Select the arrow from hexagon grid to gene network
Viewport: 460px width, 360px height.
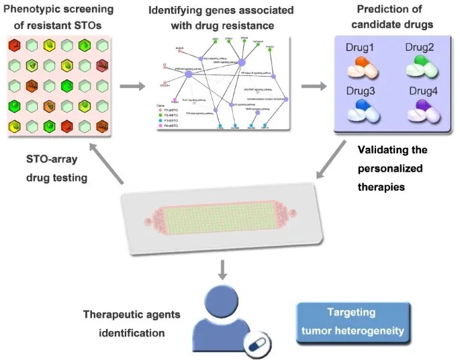click(x=131, y=86)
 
